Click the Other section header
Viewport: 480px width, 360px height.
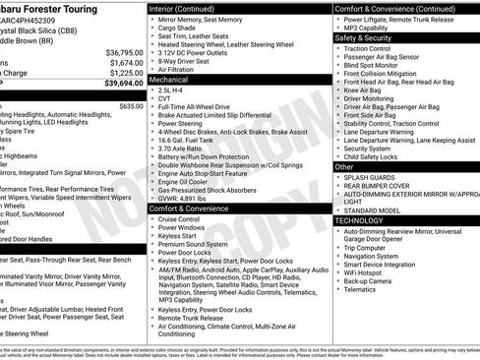pos(344,166)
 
